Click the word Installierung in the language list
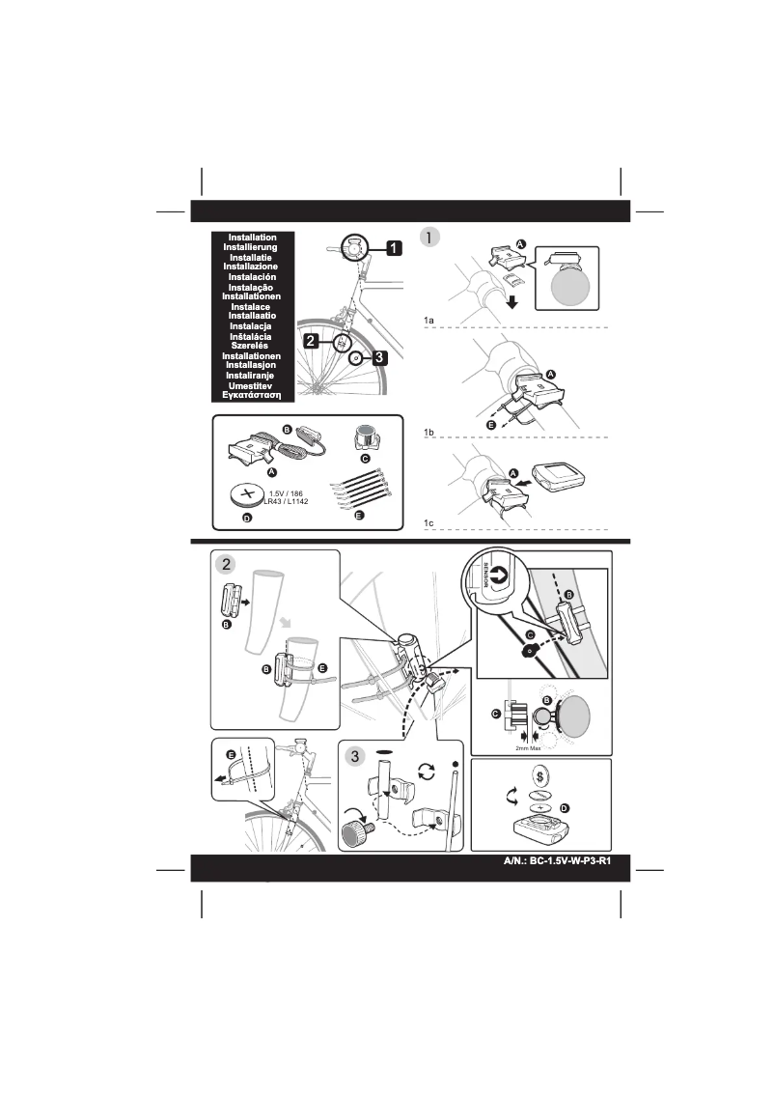252,247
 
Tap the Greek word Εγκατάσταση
252,395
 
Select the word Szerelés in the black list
252,345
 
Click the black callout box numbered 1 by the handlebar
393,248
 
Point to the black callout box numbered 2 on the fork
312,341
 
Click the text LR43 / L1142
285,502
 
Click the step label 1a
429,319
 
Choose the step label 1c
429,521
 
